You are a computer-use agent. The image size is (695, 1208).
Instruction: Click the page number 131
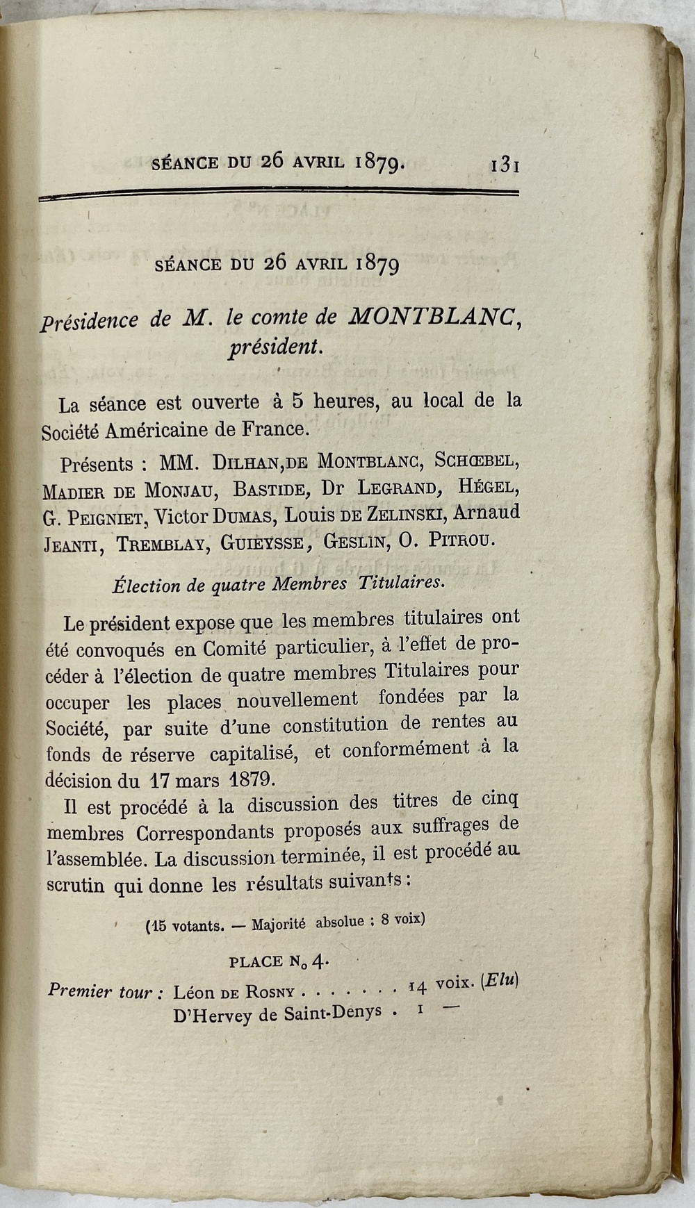pos(506,165)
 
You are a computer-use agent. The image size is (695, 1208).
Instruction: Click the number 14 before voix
pos(417,986)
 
